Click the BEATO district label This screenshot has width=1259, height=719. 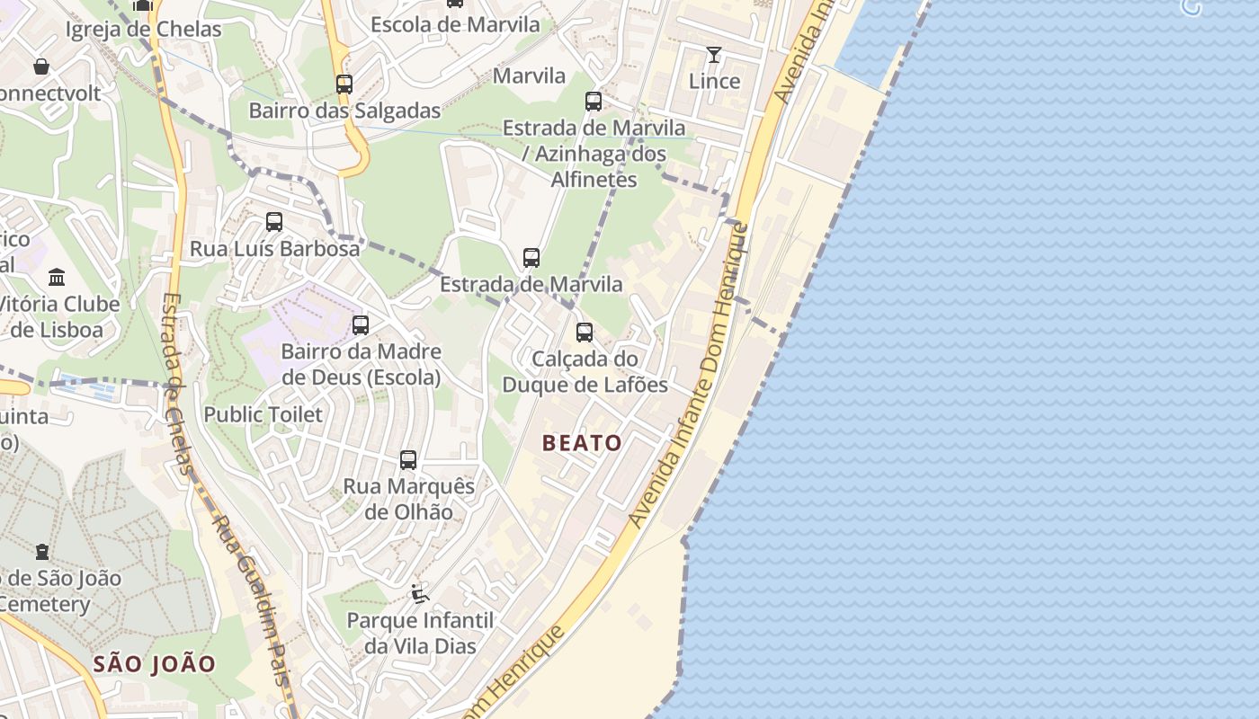(x=582, y=443)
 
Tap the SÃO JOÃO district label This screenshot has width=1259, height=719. (x=155, y=664)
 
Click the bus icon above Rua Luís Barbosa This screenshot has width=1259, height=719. (x=274, y=221)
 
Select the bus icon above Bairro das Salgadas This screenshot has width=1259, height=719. (x=344, y=84)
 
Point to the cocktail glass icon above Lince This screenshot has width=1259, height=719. (x=714, y=55)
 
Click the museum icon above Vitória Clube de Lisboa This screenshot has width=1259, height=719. (x=57, y=276)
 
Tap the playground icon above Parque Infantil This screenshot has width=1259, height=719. (x=419, y=592)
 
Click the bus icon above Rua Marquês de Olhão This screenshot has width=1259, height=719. (x=408, y=460)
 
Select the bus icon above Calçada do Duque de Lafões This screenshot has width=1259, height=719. (x=585, y=333)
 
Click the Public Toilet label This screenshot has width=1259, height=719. (x=263, y=414)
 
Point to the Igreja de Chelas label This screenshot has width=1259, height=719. (x=144, y=29)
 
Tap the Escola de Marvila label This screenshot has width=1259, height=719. (x=455, y=24)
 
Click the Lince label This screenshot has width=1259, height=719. (x=714, y=81)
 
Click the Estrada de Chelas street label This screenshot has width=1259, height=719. (x=178, y=382)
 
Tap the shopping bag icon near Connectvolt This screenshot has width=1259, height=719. (x=41, y=67)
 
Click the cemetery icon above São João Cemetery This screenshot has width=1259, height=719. (x=42, y=551)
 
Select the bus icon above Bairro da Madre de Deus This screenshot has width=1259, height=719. (x=361, y=325)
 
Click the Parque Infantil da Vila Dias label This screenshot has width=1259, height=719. (x=420, y=633)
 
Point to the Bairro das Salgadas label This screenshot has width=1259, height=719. (x=344, y=111)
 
